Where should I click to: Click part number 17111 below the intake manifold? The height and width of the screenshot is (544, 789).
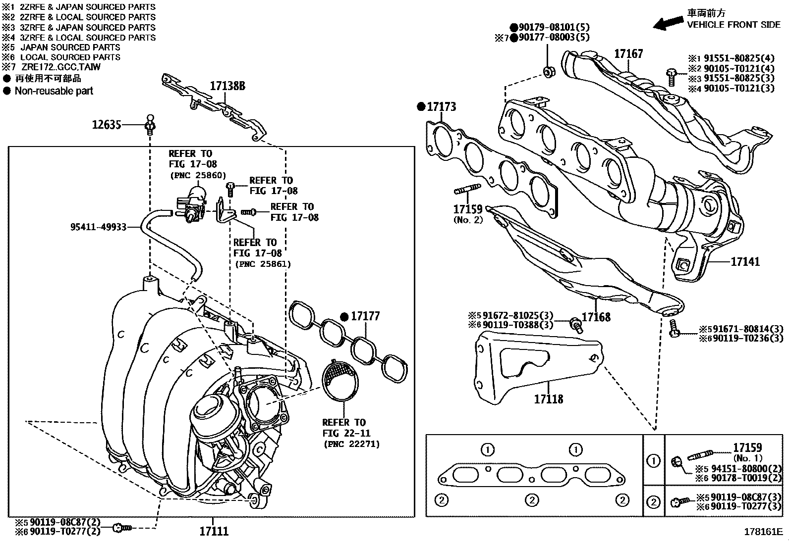point(214,531)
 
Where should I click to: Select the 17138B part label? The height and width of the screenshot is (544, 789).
point(227,86)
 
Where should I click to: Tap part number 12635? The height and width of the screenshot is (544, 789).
point(107,124)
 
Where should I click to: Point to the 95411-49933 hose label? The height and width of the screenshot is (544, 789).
point(98,227)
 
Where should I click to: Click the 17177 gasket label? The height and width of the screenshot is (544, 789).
point(365,316)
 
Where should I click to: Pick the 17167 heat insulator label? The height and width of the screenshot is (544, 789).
point(628,53)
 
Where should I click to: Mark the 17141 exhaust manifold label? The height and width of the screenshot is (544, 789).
point(745,261)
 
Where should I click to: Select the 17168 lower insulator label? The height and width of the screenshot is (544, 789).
point(596,317)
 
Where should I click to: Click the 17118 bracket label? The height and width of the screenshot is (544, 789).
point(548,398)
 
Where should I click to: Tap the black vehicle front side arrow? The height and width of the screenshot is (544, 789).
point(668,22)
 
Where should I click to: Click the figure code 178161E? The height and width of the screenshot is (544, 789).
point(762,532)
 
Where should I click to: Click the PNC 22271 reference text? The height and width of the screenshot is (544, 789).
point(351,444)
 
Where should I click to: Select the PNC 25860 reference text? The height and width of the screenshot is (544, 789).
point(198,175)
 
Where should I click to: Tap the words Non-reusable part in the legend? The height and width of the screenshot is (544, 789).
point(54,91)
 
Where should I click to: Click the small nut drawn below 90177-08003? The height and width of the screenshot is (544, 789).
point(549,71)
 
